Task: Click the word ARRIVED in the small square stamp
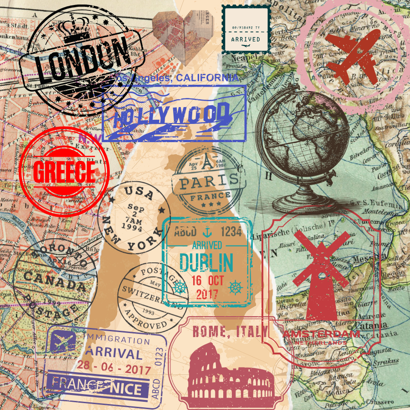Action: [246, 40]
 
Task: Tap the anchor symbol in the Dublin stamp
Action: [207, 231]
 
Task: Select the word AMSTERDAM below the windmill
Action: [321, 334]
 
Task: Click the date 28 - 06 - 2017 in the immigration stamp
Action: [113, 367]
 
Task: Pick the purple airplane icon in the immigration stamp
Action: [63, 341]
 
